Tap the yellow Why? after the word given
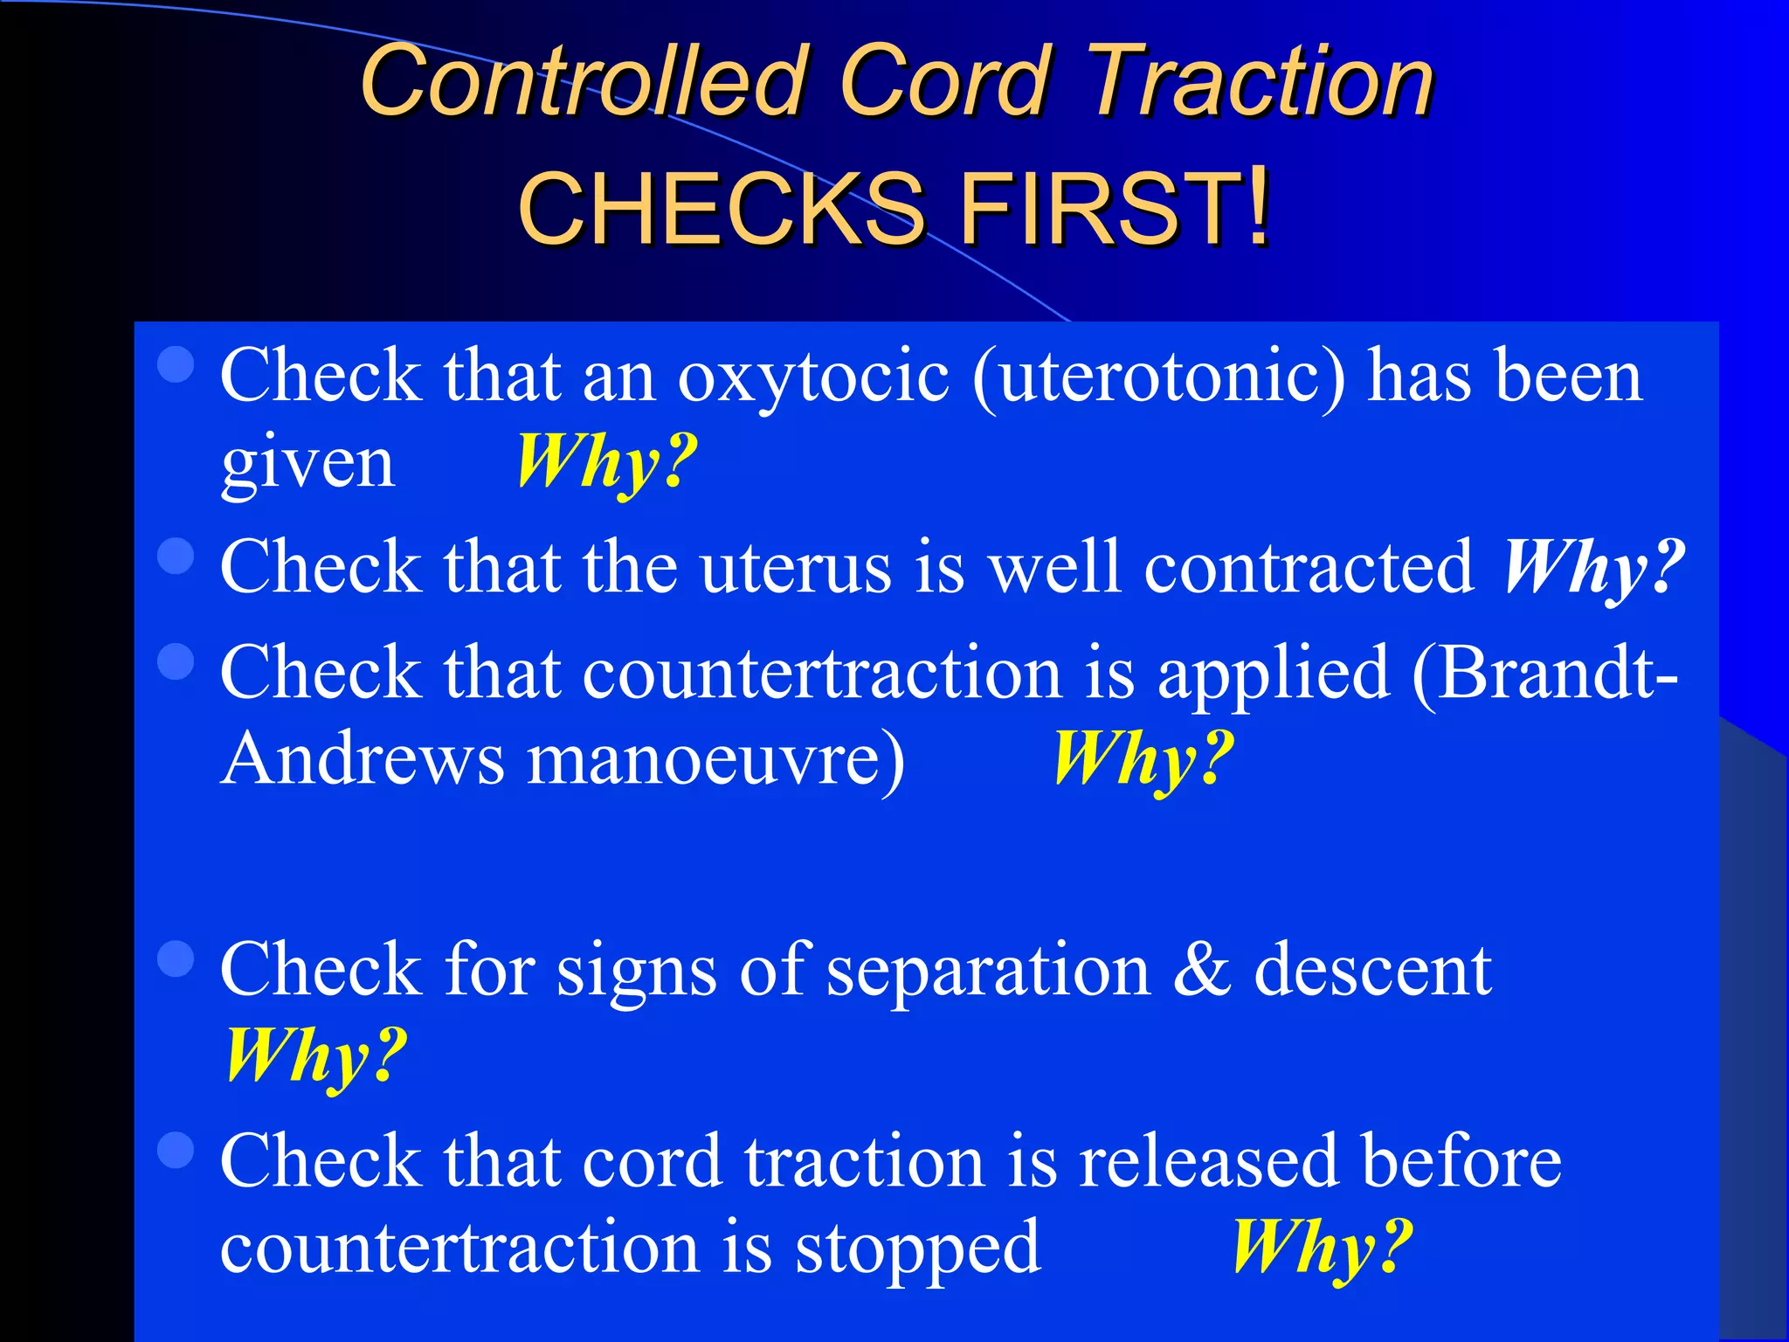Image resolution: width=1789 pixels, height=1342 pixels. point(606,463)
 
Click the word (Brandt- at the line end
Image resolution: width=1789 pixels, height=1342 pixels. point(1544,673)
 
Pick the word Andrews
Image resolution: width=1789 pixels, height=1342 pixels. point(363,758)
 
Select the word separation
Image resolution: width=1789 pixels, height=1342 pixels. point(988,972)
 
